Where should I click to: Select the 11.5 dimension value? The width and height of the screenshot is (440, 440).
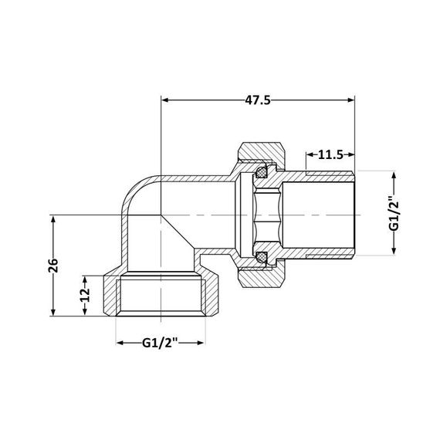[x=330, y=154]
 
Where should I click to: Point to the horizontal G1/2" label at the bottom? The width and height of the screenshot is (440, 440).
[x=161, y=341]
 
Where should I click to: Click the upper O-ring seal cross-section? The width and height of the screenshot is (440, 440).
[x=263, y=168]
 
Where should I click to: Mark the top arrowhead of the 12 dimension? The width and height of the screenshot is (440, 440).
[x=85, y=276]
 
